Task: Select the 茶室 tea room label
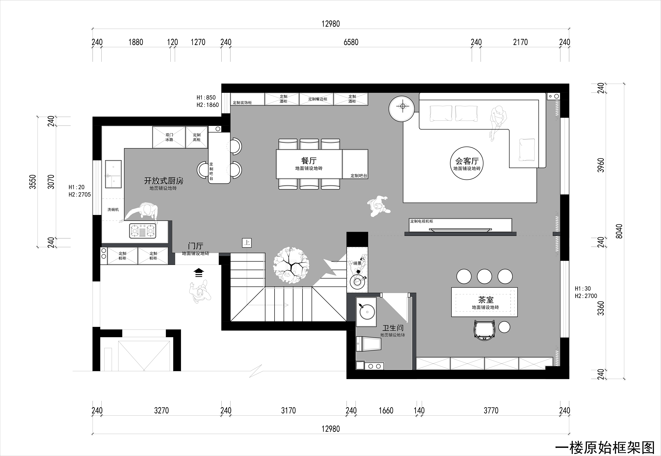click(486, 300)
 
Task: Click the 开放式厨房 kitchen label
click(163, 181)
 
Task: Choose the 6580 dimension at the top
click(351, 42)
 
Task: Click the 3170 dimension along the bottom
click(288, 411)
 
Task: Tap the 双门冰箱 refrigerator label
click(169, 137)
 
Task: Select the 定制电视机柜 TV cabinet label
click(422, 221)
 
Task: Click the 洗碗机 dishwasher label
click(113, 209)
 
